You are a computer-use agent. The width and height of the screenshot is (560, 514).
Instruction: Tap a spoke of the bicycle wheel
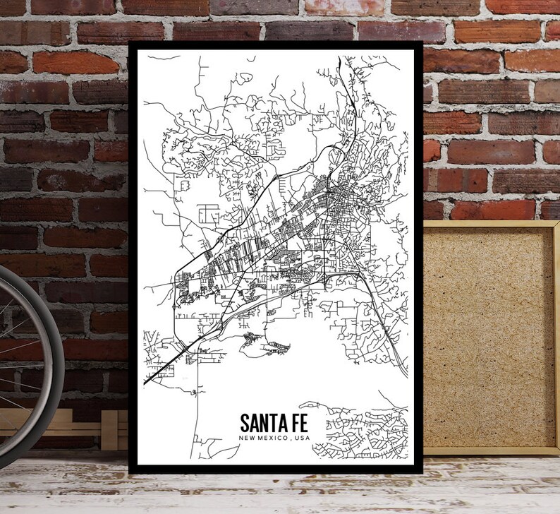point(18,332)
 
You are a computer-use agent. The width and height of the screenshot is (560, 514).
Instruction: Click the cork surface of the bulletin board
point(487,332)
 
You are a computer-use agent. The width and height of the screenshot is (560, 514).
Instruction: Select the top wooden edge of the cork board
point(487,224)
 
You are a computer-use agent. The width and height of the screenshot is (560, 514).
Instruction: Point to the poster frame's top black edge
point(275,45)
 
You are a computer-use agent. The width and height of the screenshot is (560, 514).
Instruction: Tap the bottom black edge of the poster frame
point(275,469)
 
